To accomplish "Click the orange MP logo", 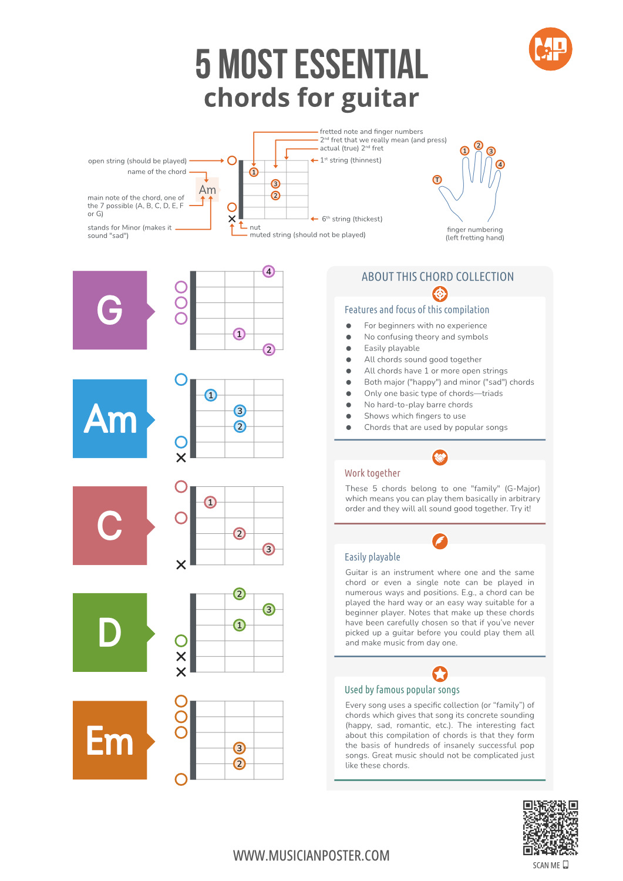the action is coord(550,49).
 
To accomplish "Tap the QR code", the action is coord(550,828).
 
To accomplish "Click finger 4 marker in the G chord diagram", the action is coord(268,271).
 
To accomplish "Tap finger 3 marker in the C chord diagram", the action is coord(268,549).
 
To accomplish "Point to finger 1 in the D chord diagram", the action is coord(240,625).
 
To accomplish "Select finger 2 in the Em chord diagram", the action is coord(240,764).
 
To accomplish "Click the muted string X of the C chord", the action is coord(181,565).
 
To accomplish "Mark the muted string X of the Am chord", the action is coord(181,458).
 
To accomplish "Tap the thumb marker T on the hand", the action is coord(437,180).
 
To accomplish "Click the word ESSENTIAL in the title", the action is coord(362,63).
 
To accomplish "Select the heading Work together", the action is coord(372,473).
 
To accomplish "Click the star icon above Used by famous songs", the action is coord(440,674).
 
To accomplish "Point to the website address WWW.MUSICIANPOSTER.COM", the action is coord(311,855).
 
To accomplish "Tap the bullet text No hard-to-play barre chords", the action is coord(419,404).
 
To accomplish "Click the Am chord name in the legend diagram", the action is coord(207,190).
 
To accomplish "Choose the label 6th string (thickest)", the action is coord(352,218).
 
